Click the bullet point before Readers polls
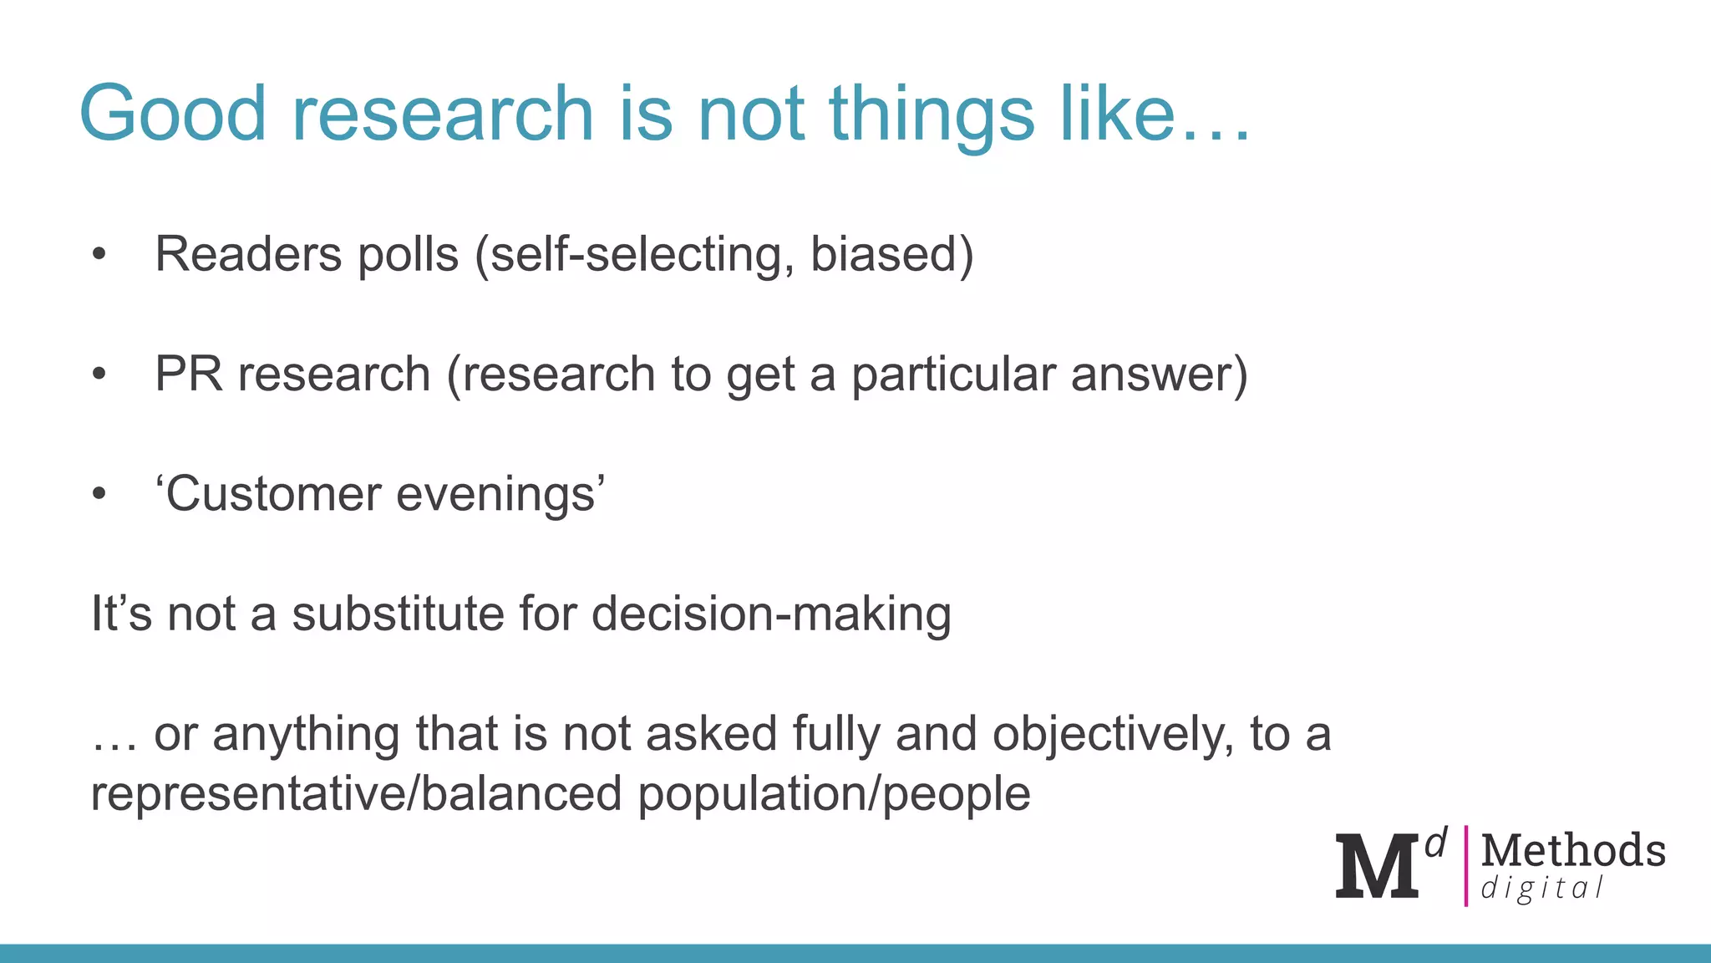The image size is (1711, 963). (x=99, y=254)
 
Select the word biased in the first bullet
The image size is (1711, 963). (x=884, y=254)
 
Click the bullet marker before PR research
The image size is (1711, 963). (x=99, y=374)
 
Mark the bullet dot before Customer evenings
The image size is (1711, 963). (x=99, y=494)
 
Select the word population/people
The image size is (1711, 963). (x=834, y=793)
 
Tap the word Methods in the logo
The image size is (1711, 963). (x=1573, y=851)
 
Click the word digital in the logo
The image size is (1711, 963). (x=1541, y=889)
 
